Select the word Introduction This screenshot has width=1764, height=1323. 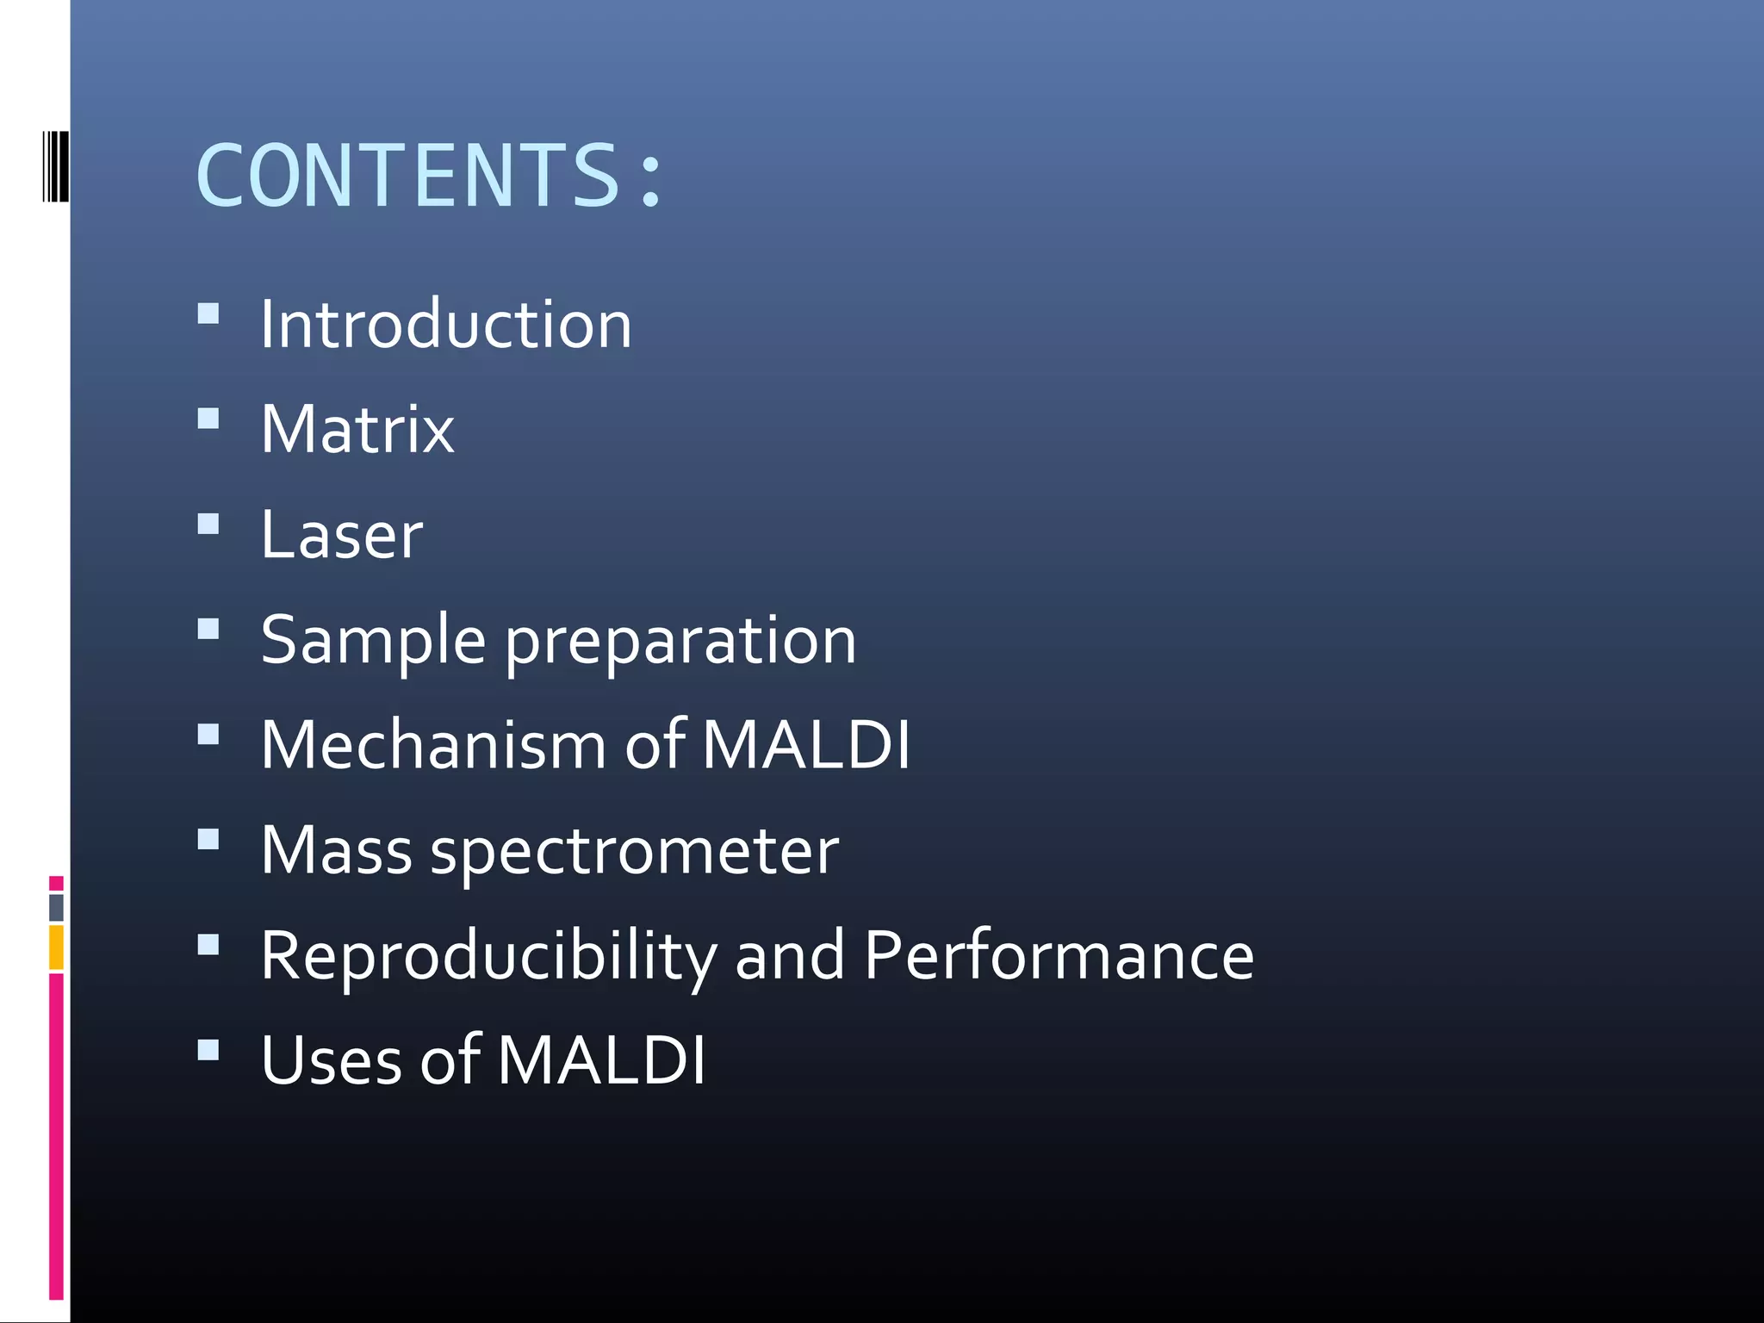pyautogui.click(x=446, y=324)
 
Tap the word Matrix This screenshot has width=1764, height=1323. pyautogui.click(x=357, y=429)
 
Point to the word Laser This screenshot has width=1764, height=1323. pyautogui.click(x=342, y=535)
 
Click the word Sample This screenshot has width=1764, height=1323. pyautogui.click(x=373, y=641)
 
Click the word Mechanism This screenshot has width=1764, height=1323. pyautogui.click(x=433, y=745)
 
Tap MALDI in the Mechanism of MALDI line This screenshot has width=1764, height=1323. pyautogui.click(x=806, y=745)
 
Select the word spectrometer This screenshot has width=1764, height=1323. pyautogui.click(x=634, y=851)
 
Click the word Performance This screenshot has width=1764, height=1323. pyautogui.click(x=1059, y=956)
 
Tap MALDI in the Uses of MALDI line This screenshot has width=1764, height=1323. pyautogui.click(x=601, y=1060)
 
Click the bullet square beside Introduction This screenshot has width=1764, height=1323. pyautogui.click(x=208, y=313)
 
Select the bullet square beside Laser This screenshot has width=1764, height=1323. pyautogui.click(x=208, y=524)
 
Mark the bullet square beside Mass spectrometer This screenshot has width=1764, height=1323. pyautogui.click(x=208, y=839)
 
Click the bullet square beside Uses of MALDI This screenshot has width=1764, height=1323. pyautogui.click(x=208, y=1049)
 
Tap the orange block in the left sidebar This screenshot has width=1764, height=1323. pyautogui.click(x=56, y=947)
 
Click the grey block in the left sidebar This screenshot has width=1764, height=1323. pyautogui.click(x=56, y=907)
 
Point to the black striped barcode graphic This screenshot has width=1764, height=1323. pyautogui.click(x=55, y=166)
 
